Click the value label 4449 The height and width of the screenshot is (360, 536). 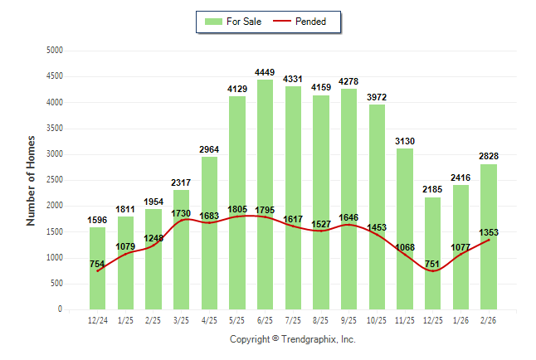pyautogui.click(x=266, y=73)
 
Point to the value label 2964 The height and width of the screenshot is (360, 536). pyautogui.click(x=209, y=150)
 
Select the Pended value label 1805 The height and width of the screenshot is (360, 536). pyautogui.click(x=237, y=210)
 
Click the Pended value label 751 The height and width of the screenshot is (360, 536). pyautogui.click(x=432, y=265)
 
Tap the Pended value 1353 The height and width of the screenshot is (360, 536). pyautogui.click(x=488, y=233)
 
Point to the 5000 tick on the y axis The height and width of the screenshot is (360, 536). pyautogui.click(x=54, y=51)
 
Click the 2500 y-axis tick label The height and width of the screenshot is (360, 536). pyautogui.click(x=54, y=180)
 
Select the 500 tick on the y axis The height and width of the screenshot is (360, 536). pyautogui.click(x=56, y=284)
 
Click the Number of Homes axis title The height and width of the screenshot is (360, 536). pyautogui.click(x=31, y=180)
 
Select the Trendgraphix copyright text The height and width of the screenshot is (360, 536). pyautogui.click(x=292, y=339)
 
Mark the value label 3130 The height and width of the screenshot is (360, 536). pyautogui.click(x=405, y=142)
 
